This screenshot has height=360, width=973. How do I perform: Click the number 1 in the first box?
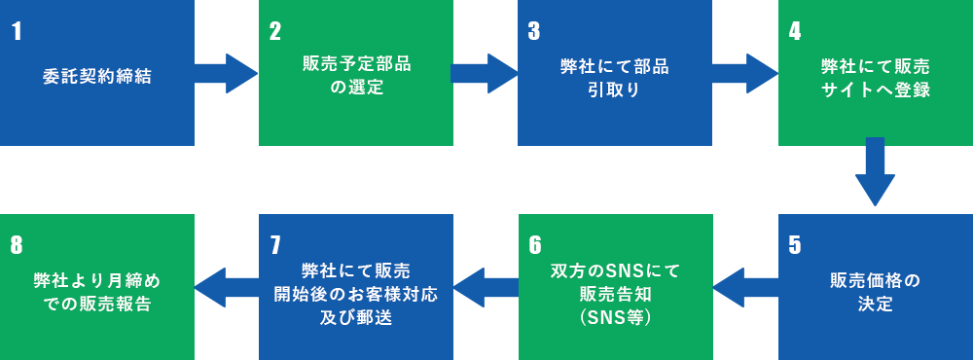[x=17, y=31]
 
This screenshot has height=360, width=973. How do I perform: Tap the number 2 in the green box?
[x=275, y=31]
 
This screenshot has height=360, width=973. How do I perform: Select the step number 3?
[x=534, y=31]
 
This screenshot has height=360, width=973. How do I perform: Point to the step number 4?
[x=795, y=31]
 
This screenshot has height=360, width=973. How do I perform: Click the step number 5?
[x=795, y=244]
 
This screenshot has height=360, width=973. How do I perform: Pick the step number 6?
[x=534, y=244]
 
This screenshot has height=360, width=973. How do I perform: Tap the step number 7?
[x=275, y=244]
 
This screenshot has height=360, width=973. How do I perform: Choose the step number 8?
[x=17, y=244]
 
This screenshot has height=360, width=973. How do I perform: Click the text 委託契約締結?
[x=97, y=75]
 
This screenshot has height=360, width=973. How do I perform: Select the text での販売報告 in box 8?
[x=97, y=304]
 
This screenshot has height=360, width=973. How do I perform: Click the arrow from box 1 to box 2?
[x=227, y=73]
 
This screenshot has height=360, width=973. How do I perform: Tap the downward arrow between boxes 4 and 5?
[x=875, y=170]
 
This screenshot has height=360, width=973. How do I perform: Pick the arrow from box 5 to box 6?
[x=745, y=287]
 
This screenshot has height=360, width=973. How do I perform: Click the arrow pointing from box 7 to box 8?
[x=227, y=287]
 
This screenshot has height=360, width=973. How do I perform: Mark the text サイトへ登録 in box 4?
[x=875, y=90]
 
